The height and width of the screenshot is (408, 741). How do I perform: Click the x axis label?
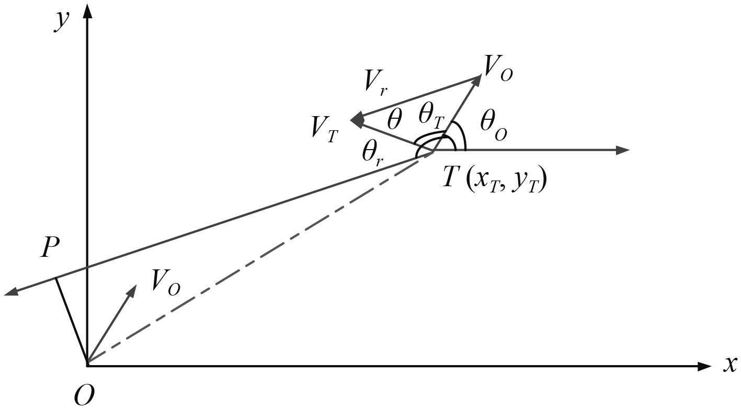pyautogui.click(x=730, y=365)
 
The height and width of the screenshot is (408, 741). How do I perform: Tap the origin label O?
pyautogui.click(x=84, y=395)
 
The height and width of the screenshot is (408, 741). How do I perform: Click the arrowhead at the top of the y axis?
pyautogui.click(x=87, y=9)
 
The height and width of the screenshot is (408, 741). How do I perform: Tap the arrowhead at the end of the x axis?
pyautogui.click(x=705, y=366)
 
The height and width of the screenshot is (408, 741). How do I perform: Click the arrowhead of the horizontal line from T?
pyautogui.click(x=623, y=151)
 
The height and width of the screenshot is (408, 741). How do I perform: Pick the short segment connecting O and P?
pyautogui.click(x=70, y=319)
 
